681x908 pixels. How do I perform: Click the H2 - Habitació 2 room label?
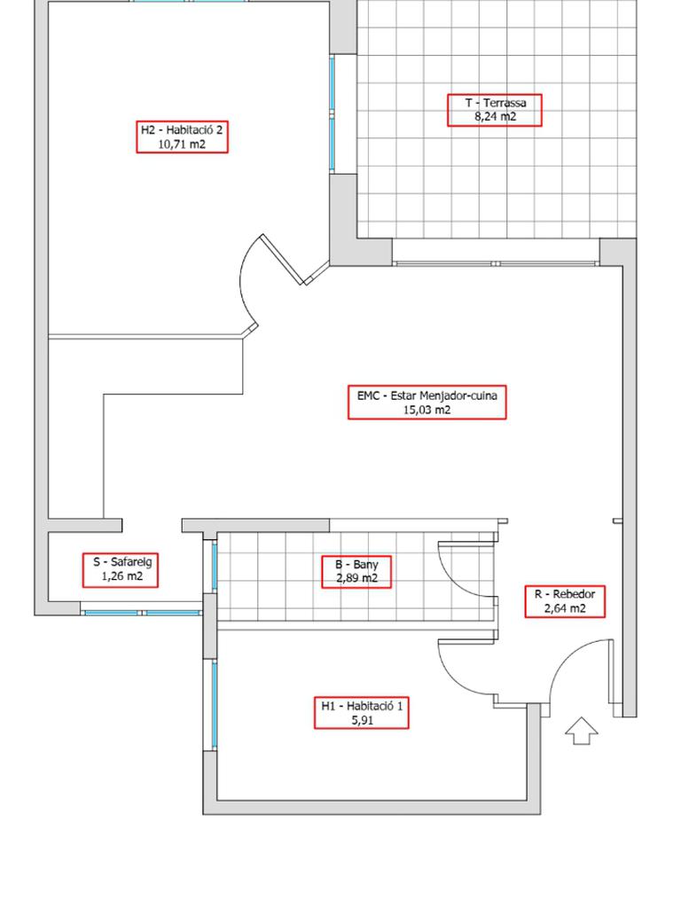click(183, 137)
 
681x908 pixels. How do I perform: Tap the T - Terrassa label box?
click(495, 110)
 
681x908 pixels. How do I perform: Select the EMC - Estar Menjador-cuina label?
click(427, 403)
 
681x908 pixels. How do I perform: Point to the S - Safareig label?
click(121, 569)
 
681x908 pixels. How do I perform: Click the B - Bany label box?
click(356, 572)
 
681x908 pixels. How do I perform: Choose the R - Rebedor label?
click(565, 601)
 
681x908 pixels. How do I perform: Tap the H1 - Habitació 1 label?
click(362, 713)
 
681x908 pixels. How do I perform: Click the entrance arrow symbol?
click(582, 731)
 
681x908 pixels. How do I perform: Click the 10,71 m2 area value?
click(182, 145)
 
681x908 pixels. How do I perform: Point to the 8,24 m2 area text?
click(495, 116)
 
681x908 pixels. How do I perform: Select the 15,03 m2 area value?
click(427, 410)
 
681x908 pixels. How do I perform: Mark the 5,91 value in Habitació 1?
click(362, 720)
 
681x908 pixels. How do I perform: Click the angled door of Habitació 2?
click(283, 260)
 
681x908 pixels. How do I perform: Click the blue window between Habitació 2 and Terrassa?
click(333, 113)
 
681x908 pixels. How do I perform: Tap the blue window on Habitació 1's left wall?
click(215, 703)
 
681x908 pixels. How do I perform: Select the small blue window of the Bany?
click(215, 567)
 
